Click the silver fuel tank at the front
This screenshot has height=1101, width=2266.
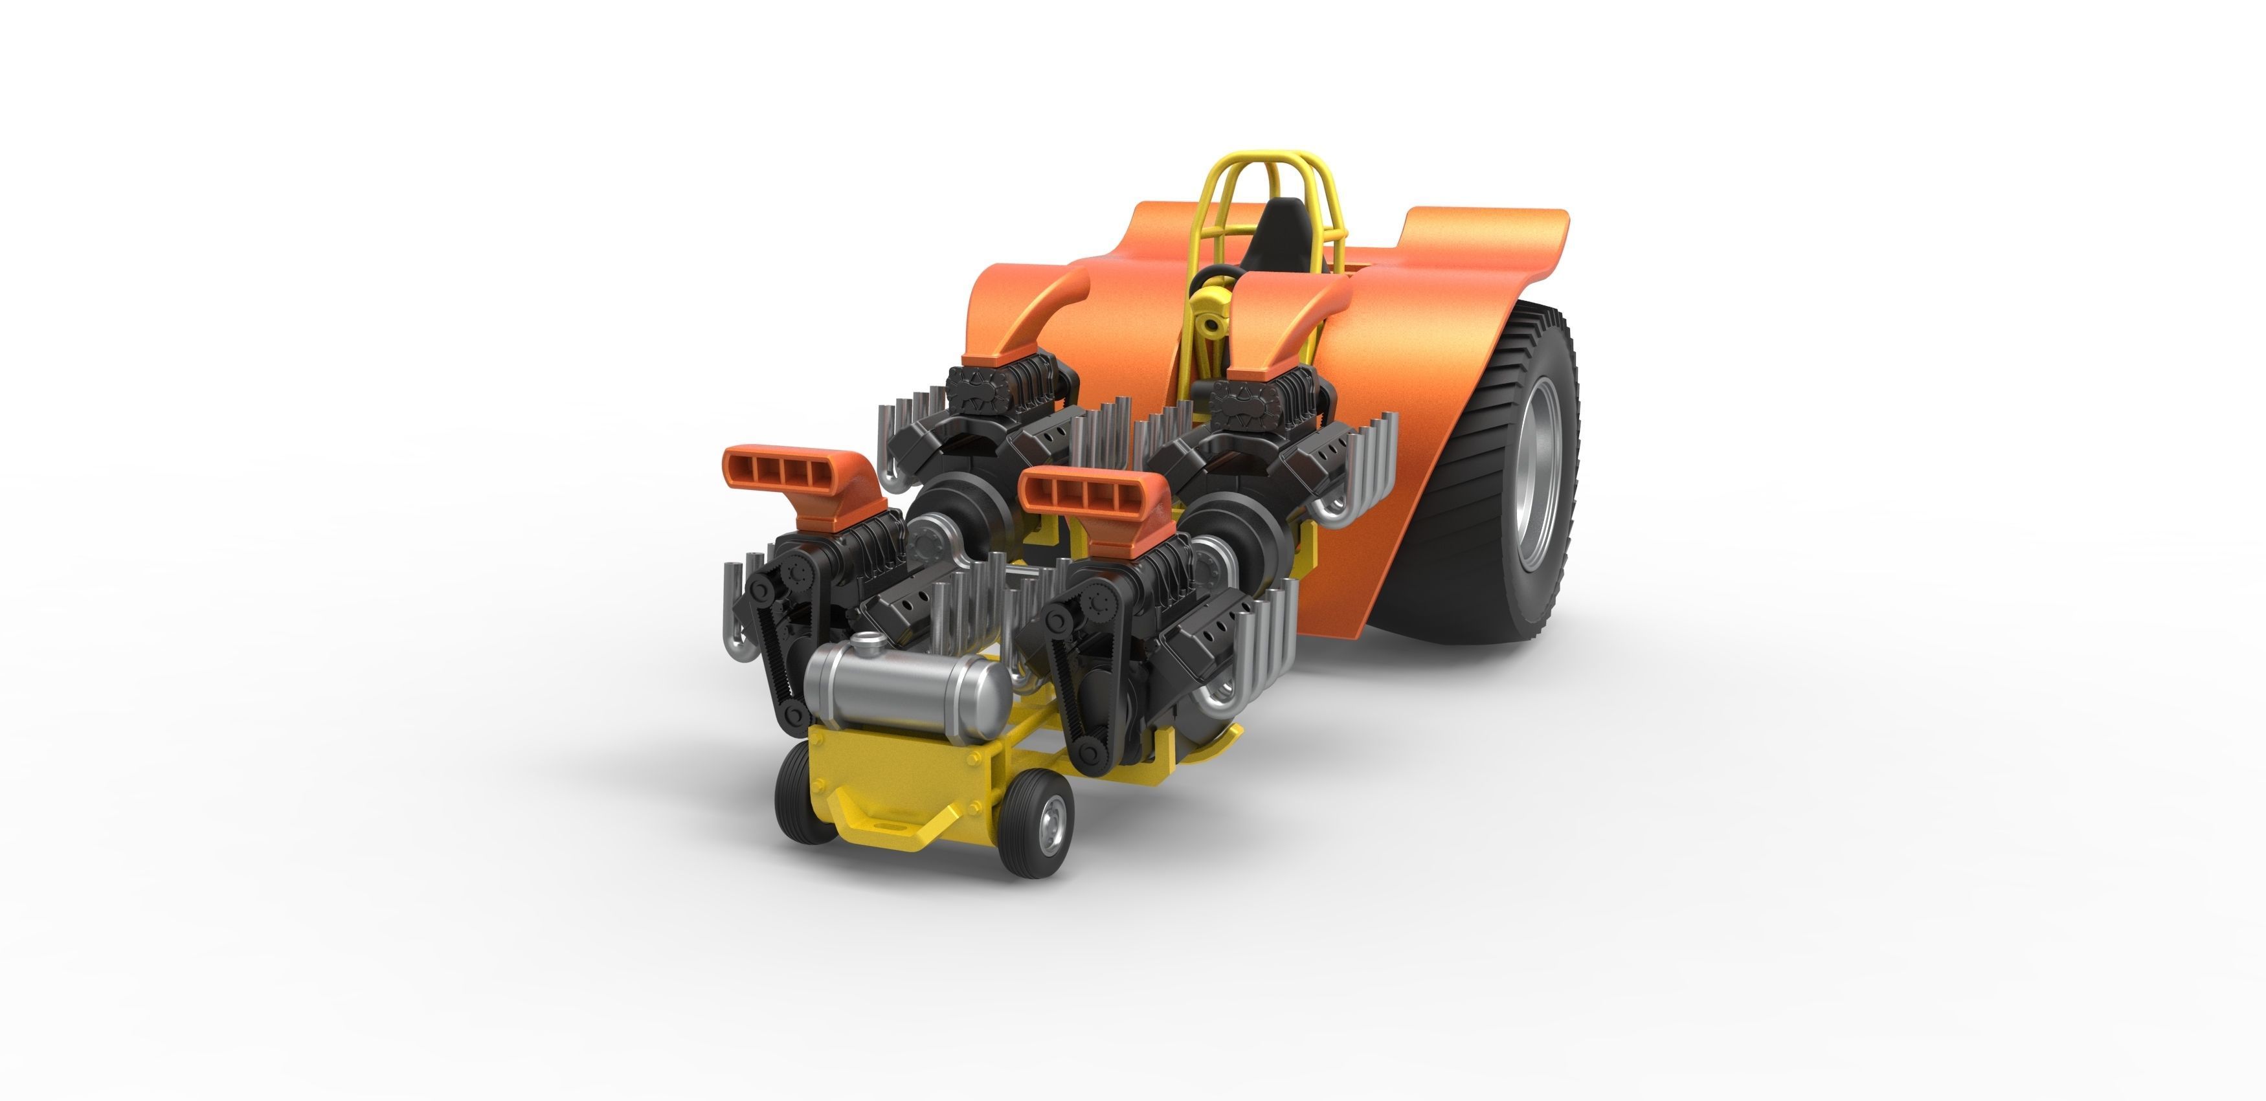coord(906,693)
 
